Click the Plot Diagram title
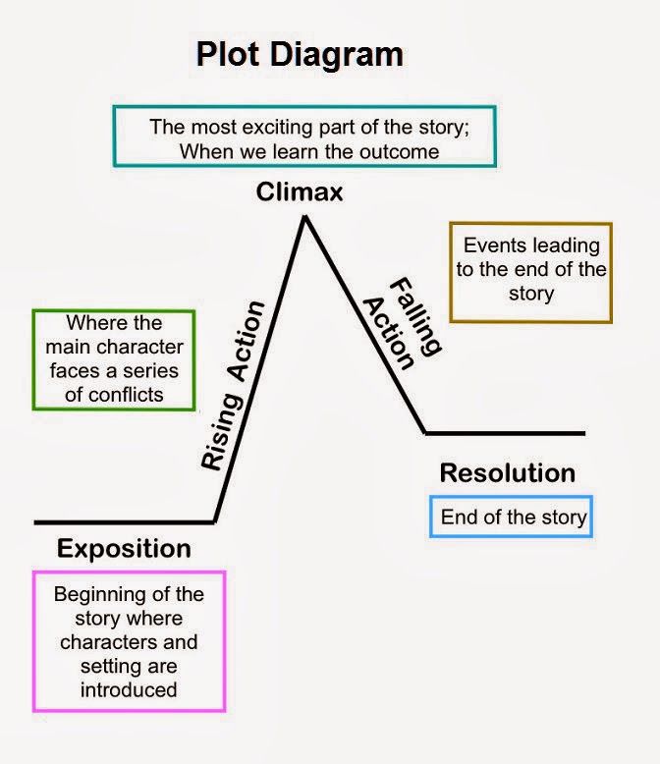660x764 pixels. (x=300, y=54)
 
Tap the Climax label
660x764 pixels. (x=300, y=191)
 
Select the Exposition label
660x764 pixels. (x=124, y=549)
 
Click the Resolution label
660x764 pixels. (x=508, y=473)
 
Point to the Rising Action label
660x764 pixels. (x=233, y=385)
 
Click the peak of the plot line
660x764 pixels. (x=305, y=217)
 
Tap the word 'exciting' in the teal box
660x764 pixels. (x=277, y=128)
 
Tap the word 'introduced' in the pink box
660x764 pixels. (x=129, y=690)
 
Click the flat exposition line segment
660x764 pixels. (x=125, y=522)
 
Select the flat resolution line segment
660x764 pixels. (x=505, y=433)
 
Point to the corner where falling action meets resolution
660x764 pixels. (x=425, y=433)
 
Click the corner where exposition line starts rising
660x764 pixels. (x=214, y=521)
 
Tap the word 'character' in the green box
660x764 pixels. (x=140, y=348)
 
